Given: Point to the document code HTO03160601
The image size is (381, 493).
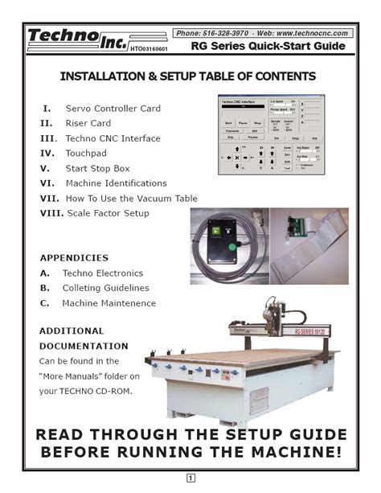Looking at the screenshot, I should click(x=147, y=50).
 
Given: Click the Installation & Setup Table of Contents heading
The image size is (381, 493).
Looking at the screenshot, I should click(x=188, y=77).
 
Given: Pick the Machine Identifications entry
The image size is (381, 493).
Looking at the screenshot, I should click(x=116, y=183).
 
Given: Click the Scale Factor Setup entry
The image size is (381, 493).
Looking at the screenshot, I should click(x=107, y=213).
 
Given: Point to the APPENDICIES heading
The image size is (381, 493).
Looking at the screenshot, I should click(x=74, y=259).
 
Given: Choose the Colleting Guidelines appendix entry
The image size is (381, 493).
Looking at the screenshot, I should click(x=105, y=288).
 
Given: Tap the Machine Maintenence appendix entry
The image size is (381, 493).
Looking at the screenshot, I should click(x=109, y=303).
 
